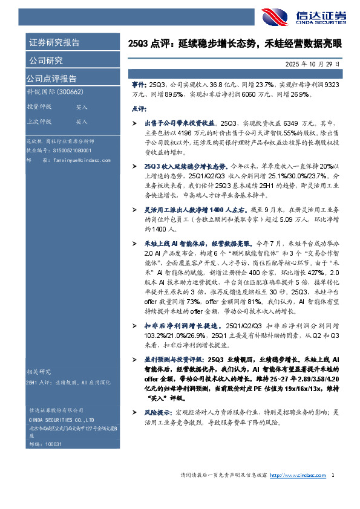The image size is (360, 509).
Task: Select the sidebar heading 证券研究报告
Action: [x=54, y=42]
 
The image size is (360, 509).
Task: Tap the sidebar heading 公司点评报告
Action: [x=51, y=79]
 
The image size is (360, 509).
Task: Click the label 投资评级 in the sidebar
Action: [x=39, y=106]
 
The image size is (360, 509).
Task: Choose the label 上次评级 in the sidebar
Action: [x=39, y=122]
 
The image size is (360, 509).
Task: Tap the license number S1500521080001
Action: [x=72, y=150]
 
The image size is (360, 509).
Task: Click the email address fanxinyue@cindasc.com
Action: [x=77, y=160]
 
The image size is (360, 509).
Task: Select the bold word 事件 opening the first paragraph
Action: [x=137, y=86]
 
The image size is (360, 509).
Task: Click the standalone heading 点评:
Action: [x=139, y=109]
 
